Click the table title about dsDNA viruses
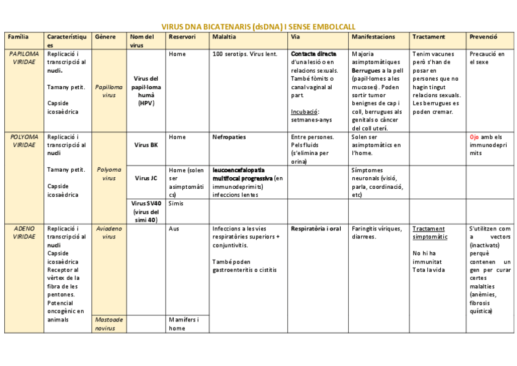[258, 27]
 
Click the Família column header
[18, 37]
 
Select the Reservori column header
[182, 37]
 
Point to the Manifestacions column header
[373, 37]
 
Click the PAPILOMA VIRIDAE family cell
[24, 58]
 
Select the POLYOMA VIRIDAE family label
[24, 141]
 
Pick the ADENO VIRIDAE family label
[24, 232]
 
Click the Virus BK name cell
[146, 145]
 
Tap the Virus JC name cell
[146, 178]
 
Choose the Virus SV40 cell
[146, 211]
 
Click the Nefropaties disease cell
[229, 137]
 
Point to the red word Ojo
[475, 137]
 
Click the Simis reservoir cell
[176, 203]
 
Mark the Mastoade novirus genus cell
[109, 324]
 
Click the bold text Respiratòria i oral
[316, 229]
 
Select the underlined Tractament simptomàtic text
[429, 233]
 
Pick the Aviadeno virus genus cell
[109, 232]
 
